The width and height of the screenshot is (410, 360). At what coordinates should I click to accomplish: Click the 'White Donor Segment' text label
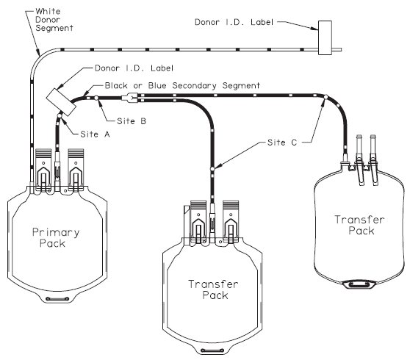pos(54,20)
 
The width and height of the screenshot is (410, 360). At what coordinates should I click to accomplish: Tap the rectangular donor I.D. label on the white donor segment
pos(325,37)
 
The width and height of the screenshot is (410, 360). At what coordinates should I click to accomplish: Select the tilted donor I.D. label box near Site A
pos(61,102)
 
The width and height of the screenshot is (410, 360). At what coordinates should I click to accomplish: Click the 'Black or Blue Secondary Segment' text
pos(182,85)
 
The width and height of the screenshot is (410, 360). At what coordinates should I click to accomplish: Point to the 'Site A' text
pos(95,134)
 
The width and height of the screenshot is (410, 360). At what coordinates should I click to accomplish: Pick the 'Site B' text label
pos(132,121)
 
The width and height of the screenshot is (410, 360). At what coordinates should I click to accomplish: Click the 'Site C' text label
pos(282,143)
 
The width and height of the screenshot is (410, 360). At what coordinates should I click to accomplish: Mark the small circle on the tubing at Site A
pos(60,116)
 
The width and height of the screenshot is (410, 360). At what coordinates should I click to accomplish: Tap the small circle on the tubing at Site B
pos(96,98)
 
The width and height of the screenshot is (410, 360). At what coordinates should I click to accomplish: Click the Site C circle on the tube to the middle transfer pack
pos(212,169)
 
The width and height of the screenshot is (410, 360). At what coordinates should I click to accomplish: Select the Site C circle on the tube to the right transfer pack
pos(326,97)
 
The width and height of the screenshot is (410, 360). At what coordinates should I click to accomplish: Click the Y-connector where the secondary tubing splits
pos(130,98)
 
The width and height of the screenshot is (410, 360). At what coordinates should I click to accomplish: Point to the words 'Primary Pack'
pos(55,237)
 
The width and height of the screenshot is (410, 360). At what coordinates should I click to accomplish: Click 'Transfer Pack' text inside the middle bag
pos(213,289)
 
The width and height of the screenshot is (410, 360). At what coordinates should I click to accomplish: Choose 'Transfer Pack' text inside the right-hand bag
pos(359,225)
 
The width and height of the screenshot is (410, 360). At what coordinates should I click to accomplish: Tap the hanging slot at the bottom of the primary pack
pos(57,299)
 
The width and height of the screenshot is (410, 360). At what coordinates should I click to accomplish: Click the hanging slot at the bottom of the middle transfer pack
pos(212,350)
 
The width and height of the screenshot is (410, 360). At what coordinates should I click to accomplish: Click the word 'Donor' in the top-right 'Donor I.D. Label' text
pos(207,22)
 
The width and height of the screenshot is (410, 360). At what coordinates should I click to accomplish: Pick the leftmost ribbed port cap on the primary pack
pos(43,153)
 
